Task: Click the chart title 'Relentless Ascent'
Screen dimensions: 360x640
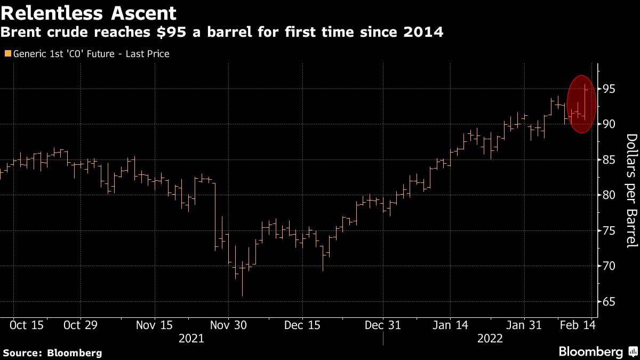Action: [89, 12]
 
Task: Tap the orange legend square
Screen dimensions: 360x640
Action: [7, 54]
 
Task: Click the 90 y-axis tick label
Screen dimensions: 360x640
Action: [609, 124]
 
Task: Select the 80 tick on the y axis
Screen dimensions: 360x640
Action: [609, 195]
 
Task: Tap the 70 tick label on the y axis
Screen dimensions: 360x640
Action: [609, 266]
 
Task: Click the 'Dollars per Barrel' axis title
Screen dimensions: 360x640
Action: [631, 191]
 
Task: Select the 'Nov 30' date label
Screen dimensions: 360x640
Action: [228, 325]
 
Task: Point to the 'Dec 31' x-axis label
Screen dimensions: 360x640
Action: [383, 325]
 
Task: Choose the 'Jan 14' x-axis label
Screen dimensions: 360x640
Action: [450, 325]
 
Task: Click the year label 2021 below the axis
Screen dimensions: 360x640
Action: [191, 338]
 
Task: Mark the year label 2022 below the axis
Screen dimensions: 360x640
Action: [490, 338]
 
